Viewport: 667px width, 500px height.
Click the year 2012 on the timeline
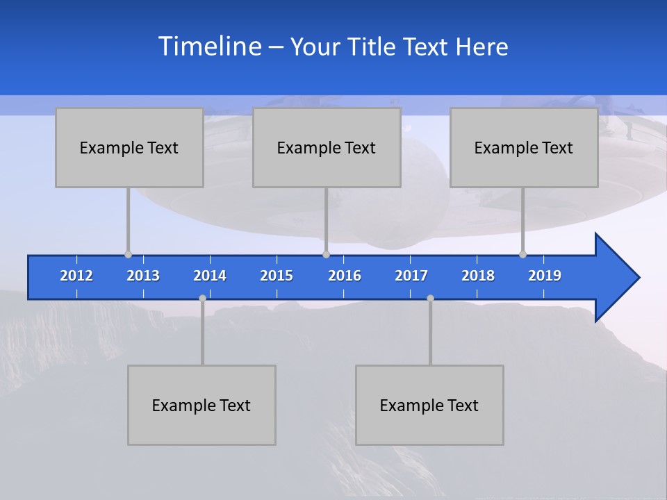[x=76, y=276]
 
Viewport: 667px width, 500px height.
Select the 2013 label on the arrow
[x=143, y=276]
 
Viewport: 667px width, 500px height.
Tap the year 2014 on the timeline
[x=210, y=276]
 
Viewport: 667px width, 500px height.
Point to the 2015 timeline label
[x=277, y=276]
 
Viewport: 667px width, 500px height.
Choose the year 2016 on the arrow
[x=345, y=276]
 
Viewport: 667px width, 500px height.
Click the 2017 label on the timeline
[x=411, y=276]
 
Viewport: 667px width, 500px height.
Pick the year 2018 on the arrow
[x=478, y=276]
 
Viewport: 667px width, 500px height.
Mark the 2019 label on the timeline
[x=545, y=276]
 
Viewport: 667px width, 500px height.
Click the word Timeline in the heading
[x=210, y=47]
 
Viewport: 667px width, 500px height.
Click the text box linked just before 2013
[x=129, y=147]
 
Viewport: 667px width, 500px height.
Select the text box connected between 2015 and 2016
[x=327, y=147]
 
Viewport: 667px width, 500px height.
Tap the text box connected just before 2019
[x=524, y=147]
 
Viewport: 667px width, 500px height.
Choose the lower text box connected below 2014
[x=201, y=405]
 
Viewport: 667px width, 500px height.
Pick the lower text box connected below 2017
[x=429, y=405]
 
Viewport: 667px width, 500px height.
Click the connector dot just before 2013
[x=128, y=254]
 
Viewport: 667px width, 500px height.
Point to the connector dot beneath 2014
[x=202, y=298]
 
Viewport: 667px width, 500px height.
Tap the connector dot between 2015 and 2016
[x=326, y=254]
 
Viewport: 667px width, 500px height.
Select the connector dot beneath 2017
[x=430, y=298]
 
